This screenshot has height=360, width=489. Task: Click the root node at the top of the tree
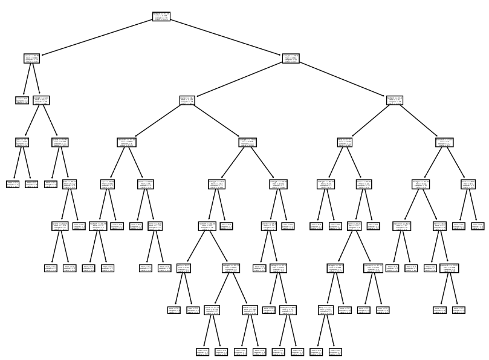pos(161,17)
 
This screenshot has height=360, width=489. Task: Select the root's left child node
pos(32,59)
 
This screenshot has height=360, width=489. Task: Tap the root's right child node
pos(291,59)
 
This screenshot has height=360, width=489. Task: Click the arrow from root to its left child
pos(97,38)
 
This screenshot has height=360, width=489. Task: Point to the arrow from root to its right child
pos(226,38)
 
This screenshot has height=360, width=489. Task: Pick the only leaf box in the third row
pos(22,100)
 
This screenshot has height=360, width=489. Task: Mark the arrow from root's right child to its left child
pos(239,79)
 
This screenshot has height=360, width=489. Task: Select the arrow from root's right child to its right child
pos(343,79)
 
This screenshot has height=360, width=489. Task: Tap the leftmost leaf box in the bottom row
pos(202,351)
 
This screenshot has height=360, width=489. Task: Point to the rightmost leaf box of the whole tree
pos(478,226)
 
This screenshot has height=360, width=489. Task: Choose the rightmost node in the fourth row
pos(445,142)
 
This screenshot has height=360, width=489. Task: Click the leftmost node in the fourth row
pos(22,142)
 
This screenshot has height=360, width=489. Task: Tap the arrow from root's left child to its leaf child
pos(27,79)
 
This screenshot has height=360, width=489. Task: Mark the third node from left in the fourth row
pos(126,142)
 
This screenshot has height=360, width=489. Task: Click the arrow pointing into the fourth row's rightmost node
pos(419,121)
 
